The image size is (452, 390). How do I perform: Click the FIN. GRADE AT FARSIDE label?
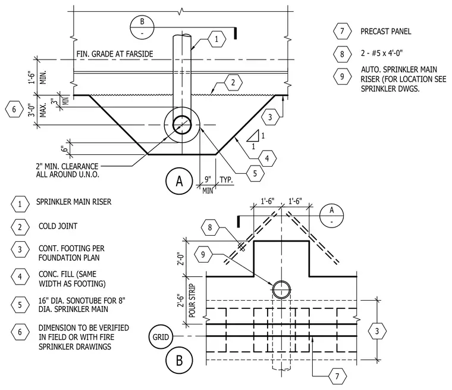(114, 54)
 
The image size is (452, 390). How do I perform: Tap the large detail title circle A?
(179, 181)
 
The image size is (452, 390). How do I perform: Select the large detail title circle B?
(179, 360)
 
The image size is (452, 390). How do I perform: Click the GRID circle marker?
(161, 337)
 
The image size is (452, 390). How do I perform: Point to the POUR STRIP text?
(192, 301)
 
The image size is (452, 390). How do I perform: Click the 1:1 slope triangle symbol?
(253, 136)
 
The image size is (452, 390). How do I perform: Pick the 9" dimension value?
(208, 179)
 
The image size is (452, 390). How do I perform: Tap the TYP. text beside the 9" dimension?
(226, 180)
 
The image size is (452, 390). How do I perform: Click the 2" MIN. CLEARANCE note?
(67, 170)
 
